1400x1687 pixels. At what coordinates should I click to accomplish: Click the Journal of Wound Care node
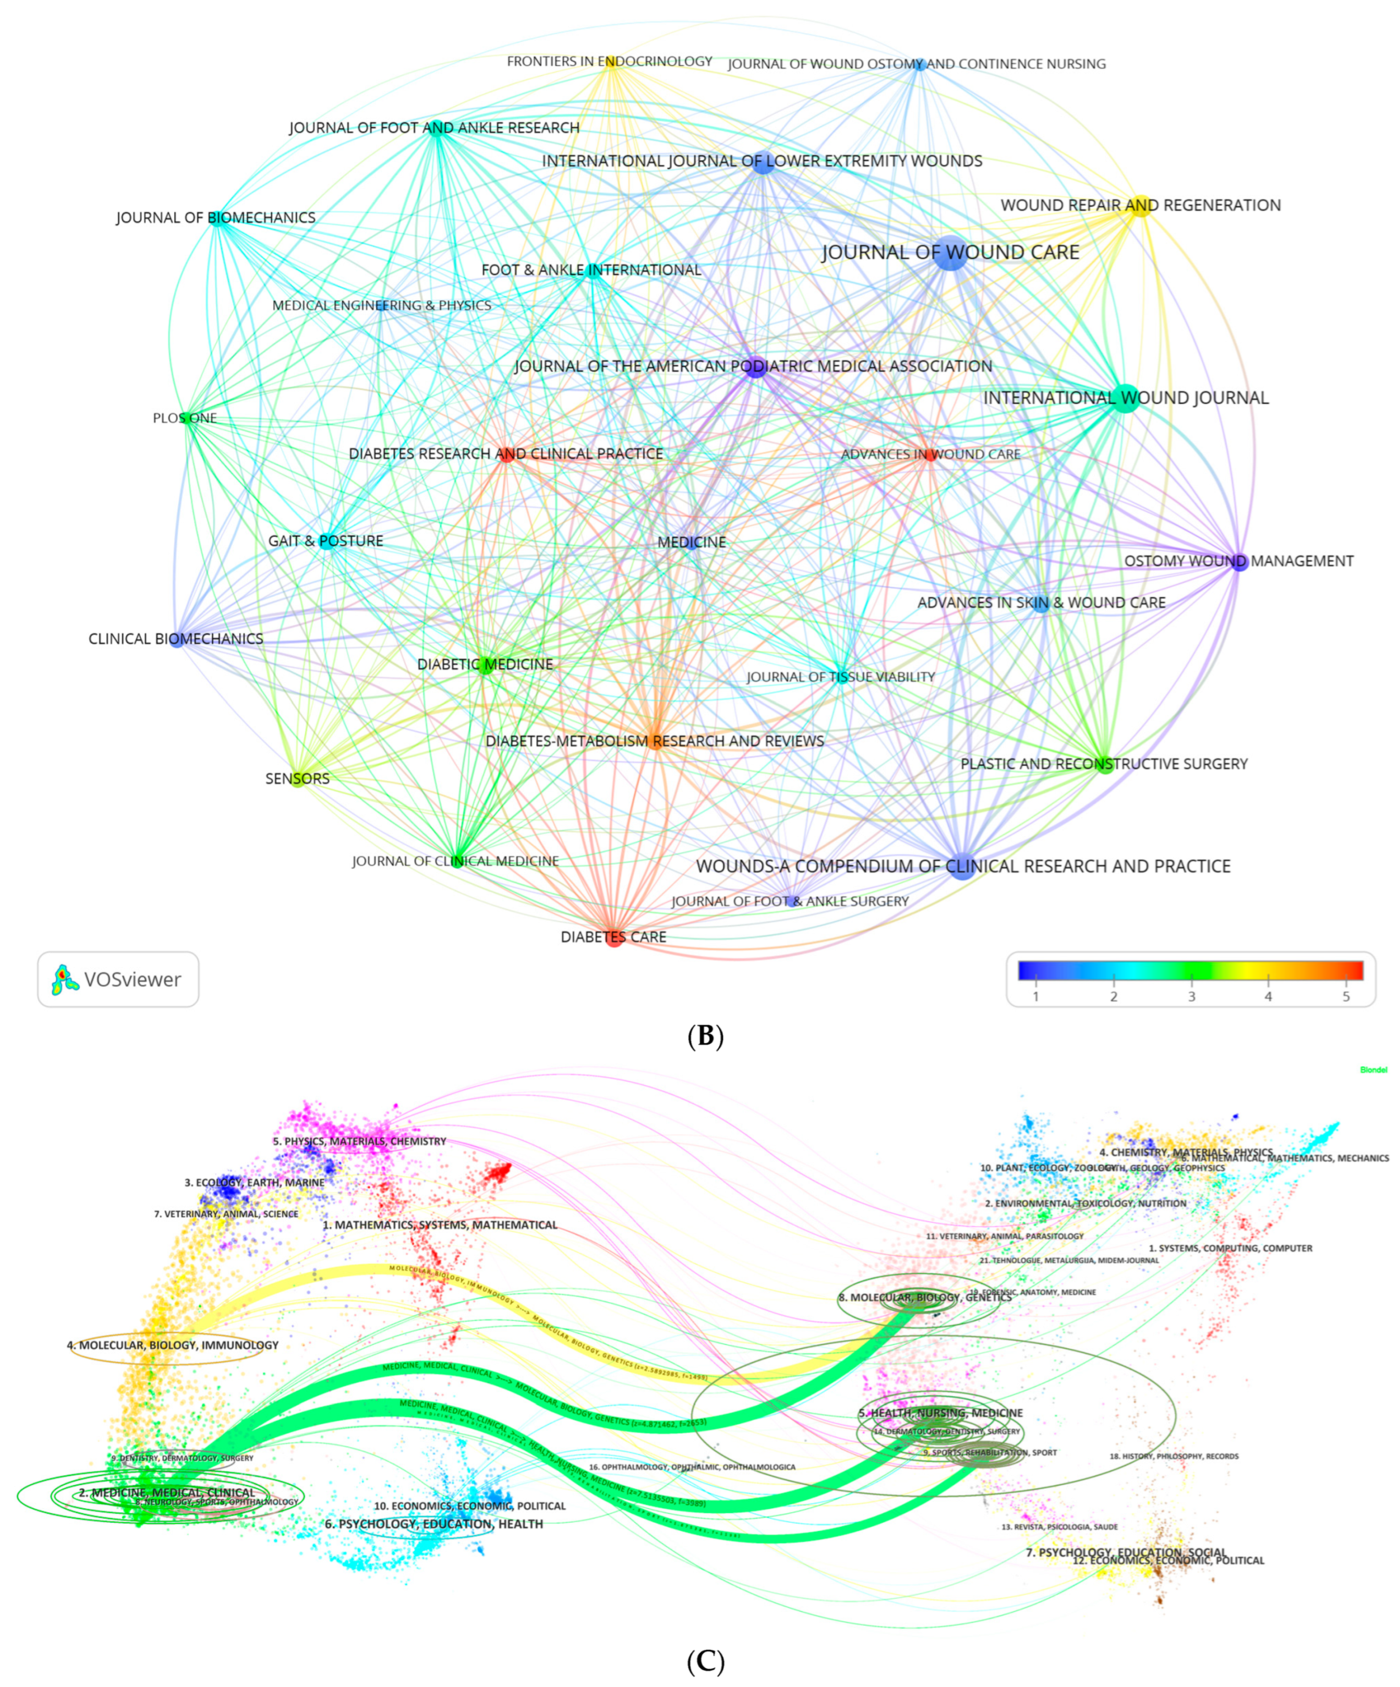[950, 253]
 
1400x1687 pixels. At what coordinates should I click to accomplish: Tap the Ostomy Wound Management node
[1239, 561]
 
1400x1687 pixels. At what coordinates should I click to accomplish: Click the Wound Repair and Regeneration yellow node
[1141, 206]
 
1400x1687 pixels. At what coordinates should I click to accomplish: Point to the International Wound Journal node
[1125, 399]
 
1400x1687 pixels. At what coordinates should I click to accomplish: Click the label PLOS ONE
[185, 418]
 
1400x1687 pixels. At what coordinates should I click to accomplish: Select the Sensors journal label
[297, 778]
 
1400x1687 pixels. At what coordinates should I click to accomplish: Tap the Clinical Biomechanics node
[176, 640]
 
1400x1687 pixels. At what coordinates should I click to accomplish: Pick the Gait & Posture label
[325, 540]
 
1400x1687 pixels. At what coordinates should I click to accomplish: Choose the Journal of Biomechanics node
[217, 218]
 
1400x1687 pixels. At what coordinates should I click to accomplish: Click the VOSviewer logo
[117, 979]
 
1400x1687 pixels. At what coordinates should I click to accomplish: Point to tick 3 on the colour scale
[1191, 995]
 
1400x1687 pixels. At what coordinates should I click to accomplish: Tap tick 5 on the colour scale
[1346, 995]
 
